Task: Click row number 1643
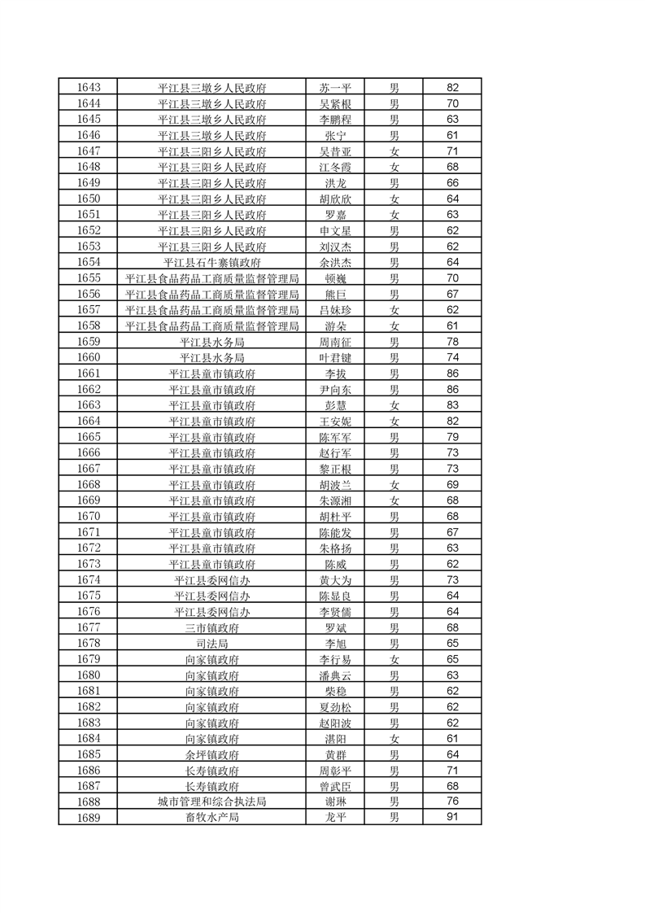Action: point(88,88)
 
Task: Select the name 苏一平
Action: point(335,88)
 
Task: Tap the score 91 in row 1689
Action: point(453,817)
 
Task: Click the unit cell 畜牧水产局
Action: point(212,817)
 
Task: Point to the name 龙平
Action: point(335,817)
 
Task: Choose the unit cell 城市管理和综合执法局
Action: point(212,802)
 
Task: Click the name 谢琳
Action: point(335,802)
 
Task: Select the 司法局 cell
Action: point(212,643)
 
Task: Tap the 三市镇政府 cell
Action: point(212,627)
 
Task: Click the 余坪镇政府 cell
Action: point(212,754)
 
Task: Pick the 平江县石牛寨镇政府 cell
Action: point(212,262)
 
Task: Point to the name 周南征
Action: point(335,342)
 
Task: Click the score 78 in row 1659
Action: point(453,342)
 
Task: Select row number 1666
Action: point(88,452)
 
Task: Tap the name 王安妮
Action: point(335,421)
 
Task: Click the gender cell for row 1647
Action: point(394,151)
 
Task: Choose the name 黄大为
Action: point(335,579)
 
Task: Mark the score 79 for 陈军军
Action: point(453,437)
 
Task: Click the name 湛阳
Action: point(335,738)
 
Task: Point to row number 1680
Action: point(88,675)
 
